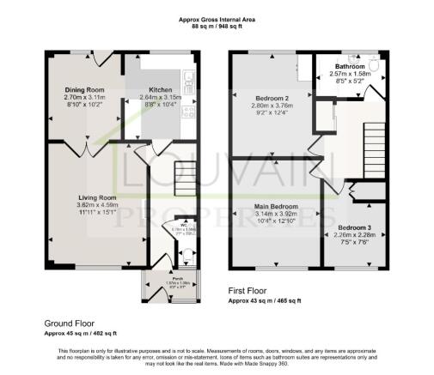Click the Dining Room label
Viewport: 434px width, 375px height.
pos(84,89)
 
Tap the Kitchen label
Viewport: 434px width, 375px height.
pos(161,89)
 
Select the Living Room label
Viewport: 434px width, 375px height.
pos(95,197)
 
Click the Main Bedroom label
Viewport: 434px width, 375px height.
pos(276,208)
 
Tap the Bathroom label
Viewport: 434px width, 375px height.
pos(350,65)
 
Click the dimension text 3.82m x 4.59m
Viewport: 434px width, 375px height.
pos(95,205)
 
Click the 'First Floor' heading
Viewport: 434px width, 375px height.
pos(249,292)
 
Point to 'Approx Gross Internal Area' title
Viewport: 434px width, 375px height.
pos(217,18)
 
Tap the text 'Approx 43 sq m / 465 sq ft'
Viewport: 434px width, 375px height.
pos(264,301)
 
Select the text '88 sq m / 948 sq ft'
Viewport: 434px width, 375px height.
pos(217,27)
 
